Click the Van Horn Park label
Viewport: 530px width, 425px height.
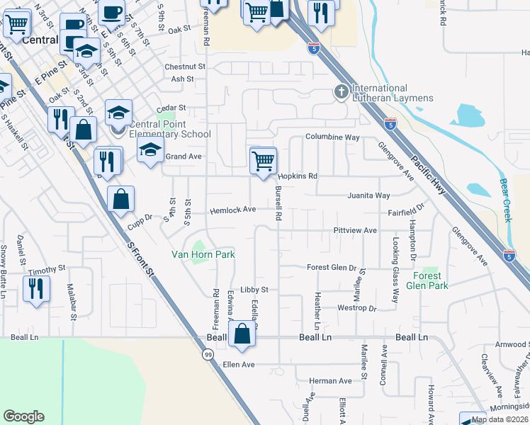[x=203, y=254]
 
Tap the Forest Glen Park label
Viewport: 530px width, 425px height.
[x=427, y=280]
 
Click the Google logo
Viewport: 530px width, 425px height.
[x=23, y=416]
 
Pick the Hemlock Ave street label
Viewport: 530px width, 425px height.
[x=232, y=210]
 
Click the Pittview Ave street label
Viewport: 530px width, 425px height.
[x=355, y=231]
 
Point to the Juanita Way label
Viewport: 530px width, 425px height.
[x=368, y=195]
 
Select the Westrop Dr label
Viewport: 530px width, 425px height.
[x=357, y=308]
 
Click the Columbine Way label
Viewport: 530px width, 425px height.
[x=332, y=137]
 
